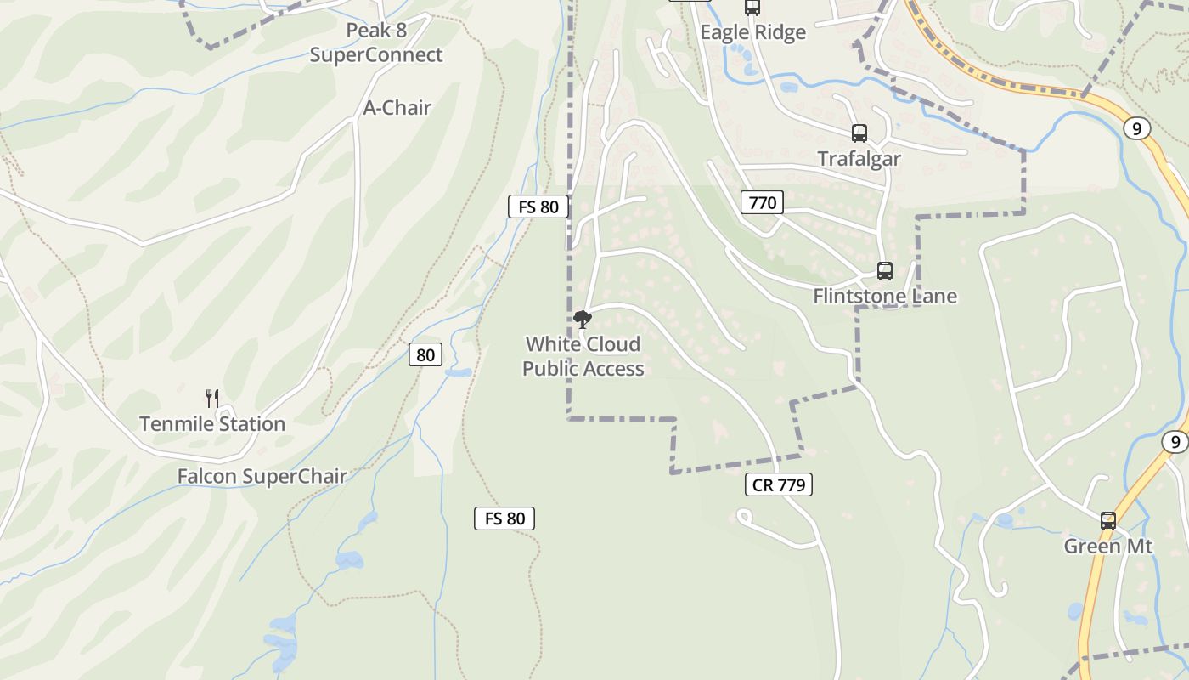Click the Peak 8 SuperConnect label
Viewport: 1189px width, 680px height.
pyautogui.click(x=376, y=42)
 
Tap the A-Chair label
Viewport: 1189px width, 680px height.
pyautogui.click(x=397, y=108)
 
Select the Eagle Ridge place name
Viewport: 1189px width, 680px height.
pyautogui.click(x=752, y=32)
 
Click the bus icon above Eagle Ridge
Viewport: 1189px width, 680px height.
pyautogui.click(x=752, y=8)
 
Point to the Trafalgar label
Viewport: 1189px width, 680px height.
pyautogui.click(x=859, y=158)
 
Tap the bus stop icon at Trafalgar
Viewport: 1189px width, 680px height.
pyautogui.click(x=859, y=133)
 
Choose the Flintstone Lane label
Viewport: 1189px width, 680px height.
pyautogui.click(x=885, y=296)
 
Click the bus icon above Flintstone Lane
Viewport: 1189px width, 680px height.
pyautogui.click(x=884, y=271)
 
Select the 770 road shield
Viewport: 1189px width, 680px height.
pyautogui.click(x=762, y=202)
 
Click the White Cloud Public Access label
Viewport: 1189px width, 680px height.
pyautogui.click(x=583, y=356)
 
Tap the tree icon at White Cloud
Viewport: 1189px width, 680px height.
pyautogui.click(x=583, y=320)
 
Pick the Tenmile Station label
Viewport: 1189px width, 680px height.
pyautogui.click(x=212, y=423)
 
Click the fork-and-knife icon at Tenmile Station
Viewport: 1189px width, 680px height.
pyautogui.click(x=212, y=398)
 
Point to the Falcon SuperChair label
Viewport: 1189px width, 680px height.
pyautogui.click(x=262, y=476)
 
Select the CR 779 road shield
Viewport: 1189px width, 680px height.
pyautogui.click(x=779, y=484)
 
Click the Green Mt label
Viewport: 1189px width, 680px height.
pyautogui.click(x=1108, y=546)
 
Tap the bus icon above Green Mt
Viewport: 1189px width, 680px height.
pyautogui.click(x=1107, y=521)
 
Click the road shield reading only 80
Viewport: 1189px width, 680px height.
pyautogui.click(x=425, y=354)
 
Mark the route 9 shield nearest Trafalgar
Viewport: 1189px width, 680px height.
pyautogui.click(x=1136, y=128)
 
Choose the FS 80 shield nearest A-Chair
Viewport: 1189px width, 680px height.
pyautogui.click(x=538, y=207)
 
